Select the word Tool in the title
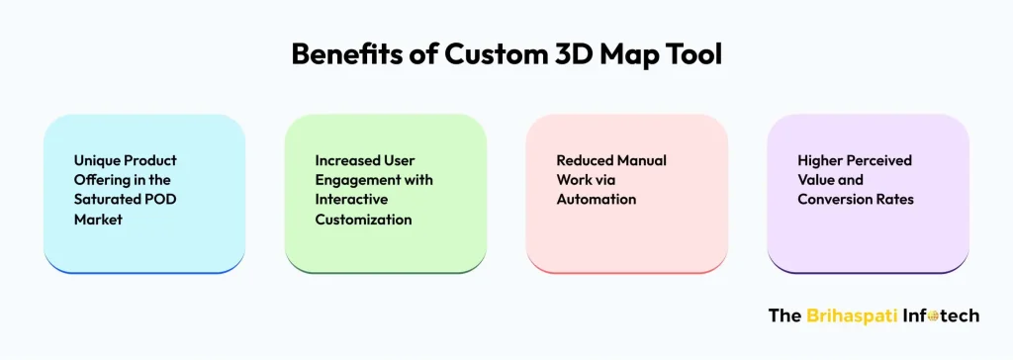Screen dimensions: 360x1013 pos(693,54)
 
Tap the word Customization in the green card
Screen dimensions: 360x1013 pos(363,219)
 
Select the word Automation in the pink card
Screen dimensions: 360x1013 pos(596,199)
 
